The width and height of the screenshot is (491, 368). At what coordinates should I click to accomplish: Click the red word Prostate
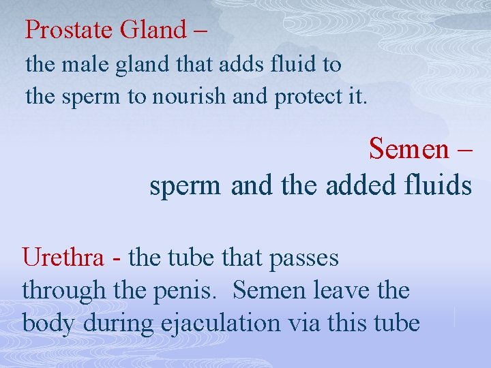tap(69, 29)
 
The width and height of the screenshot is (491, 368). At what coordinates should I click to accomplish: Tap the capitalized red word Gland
tap(153, 29)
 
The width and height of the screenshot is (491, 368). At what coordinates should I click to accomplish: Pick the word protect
tap(303, 97)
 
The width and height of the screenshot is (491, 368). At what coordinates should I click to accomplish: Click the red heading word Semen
tap(408, 149)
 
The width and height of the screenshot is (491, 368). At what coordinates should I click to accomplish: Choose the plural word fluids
tap(436, 185)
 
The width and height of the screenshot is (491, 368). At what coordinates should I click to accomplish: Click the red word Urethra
tap(63, 258)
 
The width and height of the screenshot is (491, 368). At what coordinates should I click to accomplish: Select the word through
tap(63, 291)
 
